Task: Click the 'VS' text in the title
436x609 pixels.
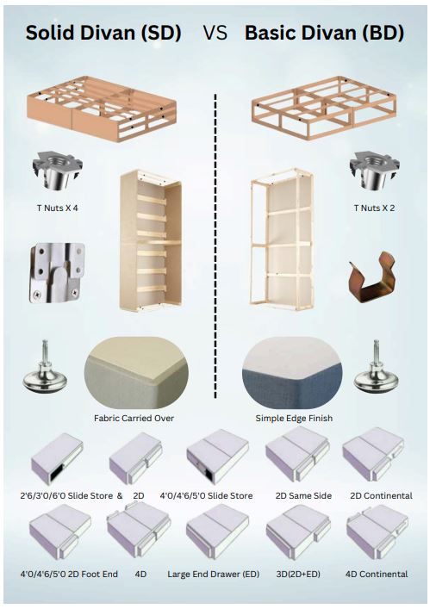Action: (215, 33)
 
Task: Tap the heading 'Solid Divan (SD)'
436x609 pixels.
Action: (103, 33)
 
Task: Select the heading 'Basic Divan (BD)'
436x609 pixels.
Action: (325, 33)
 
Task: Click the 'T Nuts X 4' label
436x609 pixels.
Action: (58, 208)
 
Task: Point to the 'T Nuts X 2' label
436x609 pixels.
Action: (374, 208)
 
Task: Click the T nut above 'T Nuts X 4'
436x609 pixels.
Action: (58, 171)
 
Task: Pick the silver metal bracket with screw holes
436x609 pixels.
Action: (57, 273)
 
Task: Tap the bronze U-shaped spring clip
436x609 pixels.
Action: (372, 277)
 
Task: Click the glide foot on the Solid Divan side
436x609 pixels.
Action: (45, 368)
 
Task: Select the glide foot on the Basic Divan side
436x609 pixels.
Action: (377, 368)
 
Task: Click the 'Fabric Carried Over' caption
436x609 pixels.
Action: (134, 419)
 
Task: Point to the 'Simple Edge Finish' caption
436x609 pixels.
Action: (294, 419)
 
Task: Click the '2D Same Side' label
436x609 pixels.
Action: (303, 496)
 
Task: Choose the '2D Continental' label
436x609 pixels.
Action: (381, 496)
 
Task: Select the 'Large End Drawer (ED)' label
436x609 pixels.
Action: (214, 574)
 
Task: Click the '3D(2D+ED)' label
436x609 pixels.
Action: (298, 574)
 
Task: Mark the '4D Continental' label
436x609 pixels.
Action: (377, 574)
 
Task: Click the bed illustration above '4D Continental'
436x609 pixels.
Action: (377, 531)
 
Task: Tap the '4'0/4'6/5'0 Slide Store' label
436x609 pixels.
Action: (206, 496)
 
